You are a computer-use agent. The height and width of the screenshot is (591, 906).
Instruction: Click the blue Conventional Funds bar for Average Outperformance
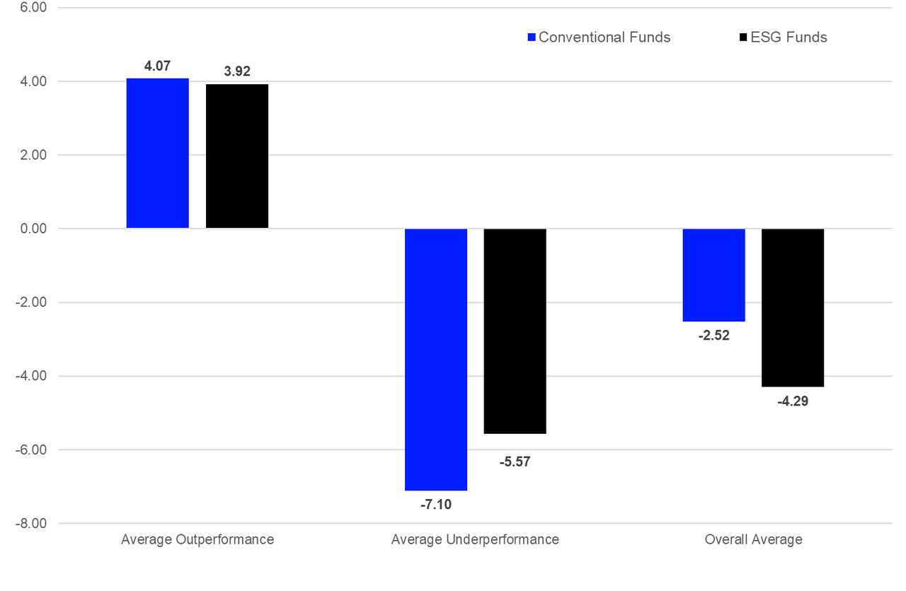158,153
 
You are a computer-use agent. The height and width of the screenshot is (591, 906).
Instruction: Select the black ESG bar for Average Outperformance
237,156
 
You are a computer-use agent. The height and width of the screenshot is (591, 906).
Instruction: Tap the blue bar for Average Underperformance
435,359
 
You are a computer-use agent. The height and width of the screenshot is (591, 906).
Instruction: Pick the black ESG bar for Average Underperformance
515,331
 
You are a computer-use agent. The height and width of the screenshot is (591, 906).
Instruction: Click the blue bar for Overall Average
713,275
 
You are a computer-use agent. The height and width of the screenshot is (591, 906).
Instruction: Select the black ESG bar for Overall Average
793,307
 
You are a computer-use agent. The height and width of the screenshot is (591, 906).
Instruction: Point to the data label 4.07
158,67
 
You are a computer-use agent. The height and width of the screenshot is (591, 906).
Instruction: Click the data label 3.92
237,71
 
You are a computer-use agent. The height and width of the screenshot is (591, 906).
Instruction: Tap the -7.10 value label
435,505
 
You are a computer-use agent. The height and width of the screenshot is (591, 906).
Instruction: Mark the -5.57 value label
515,462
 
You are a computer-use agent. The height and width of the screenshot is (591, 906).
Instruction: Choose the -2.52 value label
713,335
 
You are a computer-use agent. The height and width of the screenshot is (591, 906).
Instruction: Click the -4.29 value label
793,401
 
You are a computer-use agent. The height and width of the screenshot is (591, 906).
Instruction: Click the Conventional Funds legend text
604,38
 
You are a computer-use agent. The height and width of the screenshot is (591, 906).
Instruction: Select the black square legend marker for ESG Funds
742,38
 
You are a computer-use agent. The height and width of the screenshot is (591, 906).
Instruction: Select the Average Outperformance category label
197,539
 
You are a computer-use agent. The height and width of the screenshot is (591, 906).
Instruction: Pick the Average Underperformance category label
475,539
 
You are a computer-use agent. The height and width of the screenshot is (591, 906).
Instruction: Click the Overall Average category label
753,539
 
